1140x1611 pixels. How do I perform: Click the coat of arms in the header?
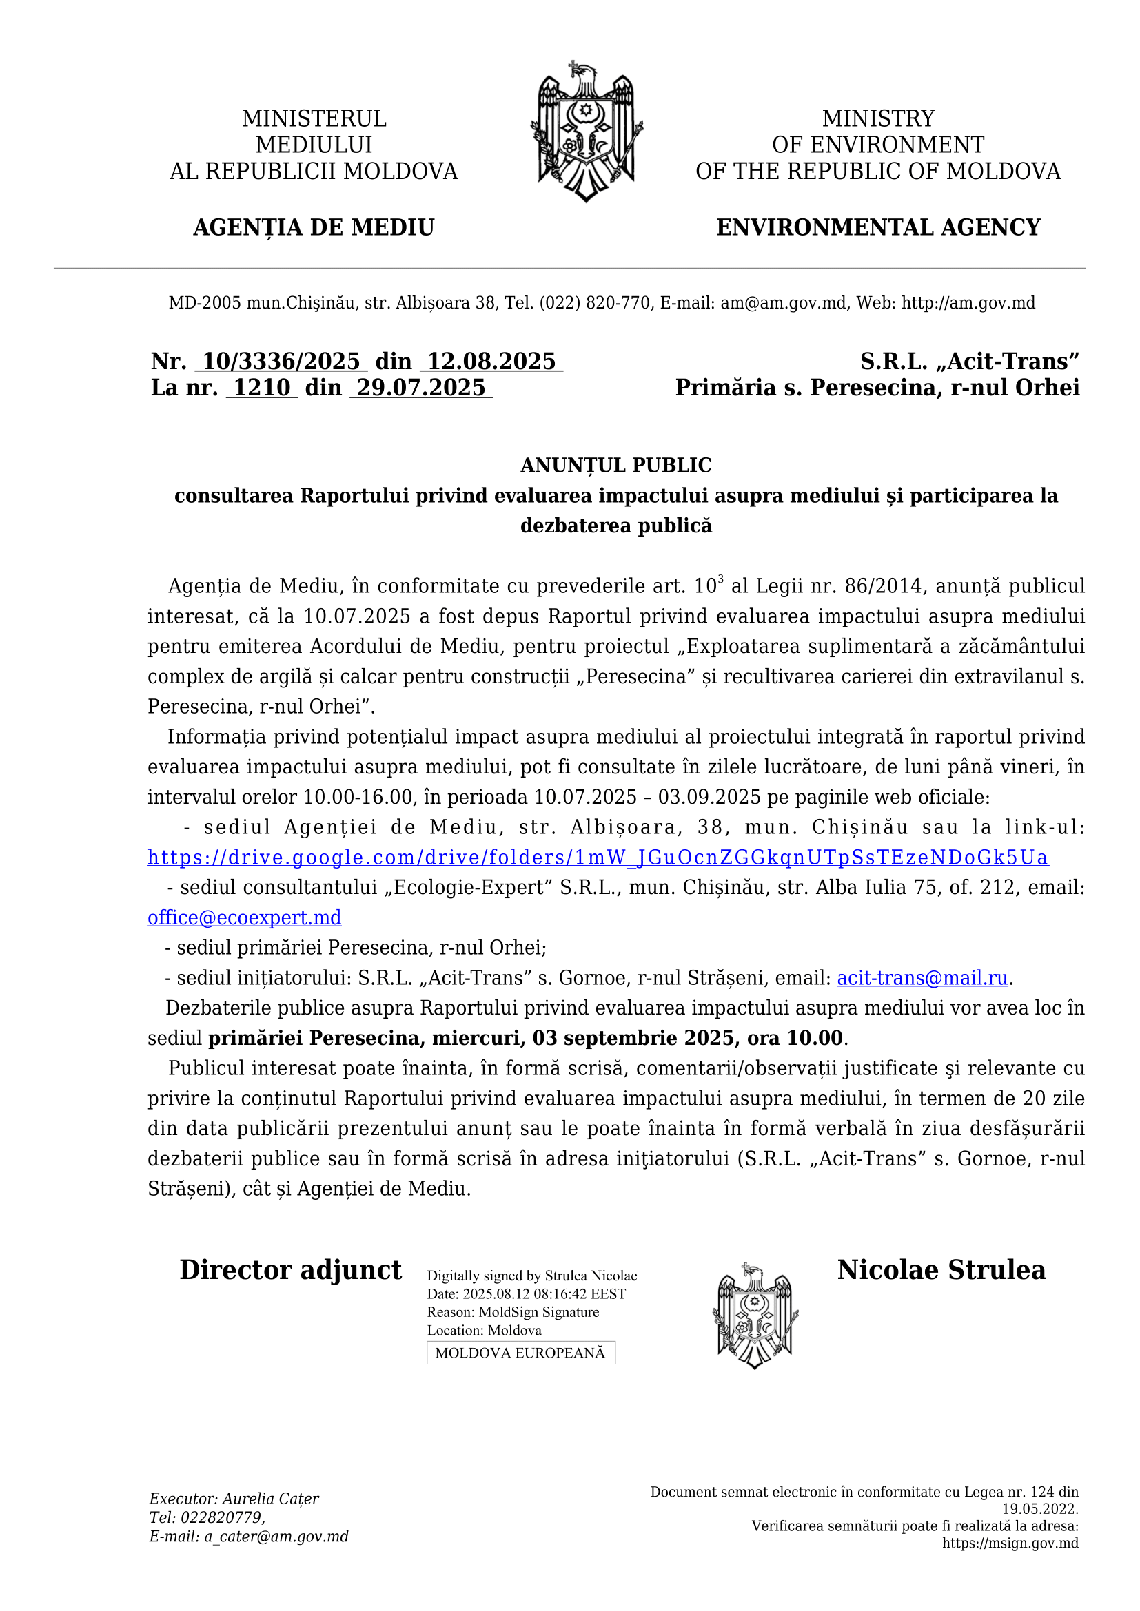tap(586, 132)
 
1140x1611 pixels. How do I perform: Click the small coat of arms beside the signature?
tap(755, 1316)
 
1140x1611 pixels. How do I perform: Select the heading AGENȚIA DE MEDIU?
tap(314, 227)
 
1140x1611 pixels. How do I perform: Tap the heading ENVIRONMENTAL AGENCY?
tap(878, 227)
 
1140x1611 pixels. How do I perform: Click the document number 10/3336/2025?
tap(281, 362)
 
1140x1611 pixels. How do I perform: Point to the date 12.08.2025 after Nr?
tap(491, 362)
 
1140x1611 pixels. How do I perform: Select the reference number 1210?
tap(261, 387)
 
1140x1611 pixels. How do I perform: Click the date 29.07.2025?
tap(421, 387)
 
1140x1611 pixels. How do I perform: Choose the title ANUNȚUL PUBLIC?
tap(615, 465)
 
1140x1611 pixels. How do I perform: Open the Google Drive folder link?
tap(598, 858)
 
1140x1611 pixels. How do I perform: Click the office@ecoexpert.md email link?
tap(244, 917)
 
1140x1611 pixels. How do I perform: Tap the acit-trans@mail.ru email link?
tap(922, 978)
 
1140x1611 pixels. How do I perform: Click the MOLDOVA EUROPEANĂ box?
tap(520, 1353)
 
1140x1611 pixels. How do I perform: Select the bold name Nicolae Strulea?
tap(941, 1270)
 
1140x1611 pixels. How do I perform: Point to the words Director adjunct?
tap(291, 1270)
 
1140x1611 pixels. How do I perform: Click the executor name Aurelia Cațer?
tap(271, 1499)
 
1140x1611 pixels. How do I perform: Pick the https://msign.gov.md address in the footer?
tap(1010, 1543)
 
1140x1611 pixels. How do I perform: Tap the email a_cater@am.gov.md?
tap(276, 1537)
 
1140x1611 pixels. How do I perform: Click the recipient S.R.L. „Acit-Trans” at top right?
tap(970, 362)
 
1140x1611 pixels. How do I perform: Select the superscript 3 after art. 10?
tap(721, 579)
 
